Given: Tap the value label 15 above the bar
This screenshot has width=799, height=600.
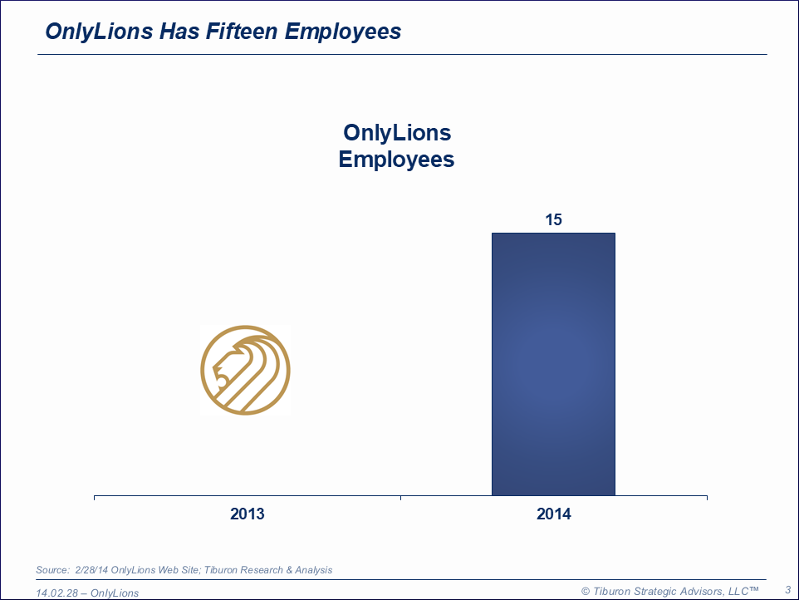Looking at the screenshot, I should pos(553,220).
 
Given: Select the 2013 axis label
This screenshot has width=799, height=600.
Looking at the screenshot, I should pos(248,514).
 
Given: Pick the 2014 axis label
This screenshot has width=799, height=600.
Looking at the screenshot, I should pos(554,514).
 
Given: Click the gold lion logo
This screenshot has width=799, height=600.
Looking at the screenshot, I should pos(245,370).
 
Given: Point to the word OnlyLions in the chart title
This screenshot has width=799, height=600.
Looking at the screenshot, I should pos(397,133).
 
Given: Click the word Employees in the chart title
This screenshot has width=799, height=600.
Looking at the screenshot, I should pos(397,159).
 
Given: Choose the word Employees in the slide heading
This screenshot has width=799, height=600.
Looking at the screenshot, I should pos(343,32).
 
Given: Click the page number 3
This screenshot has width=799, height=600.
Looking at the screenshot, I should pos(787,589).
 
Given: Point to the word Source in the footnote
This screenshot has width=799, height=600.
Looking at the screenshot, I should pos(51,570).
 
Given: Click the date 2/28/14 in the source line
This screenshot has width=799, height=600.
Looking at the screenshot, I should pos(91,570).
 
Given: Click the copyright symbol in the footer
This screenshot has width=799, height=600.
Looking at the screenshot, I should pos(586,591).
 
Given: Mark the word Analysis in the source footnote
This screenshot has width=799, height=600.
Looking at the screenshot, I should pos(312,570).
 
